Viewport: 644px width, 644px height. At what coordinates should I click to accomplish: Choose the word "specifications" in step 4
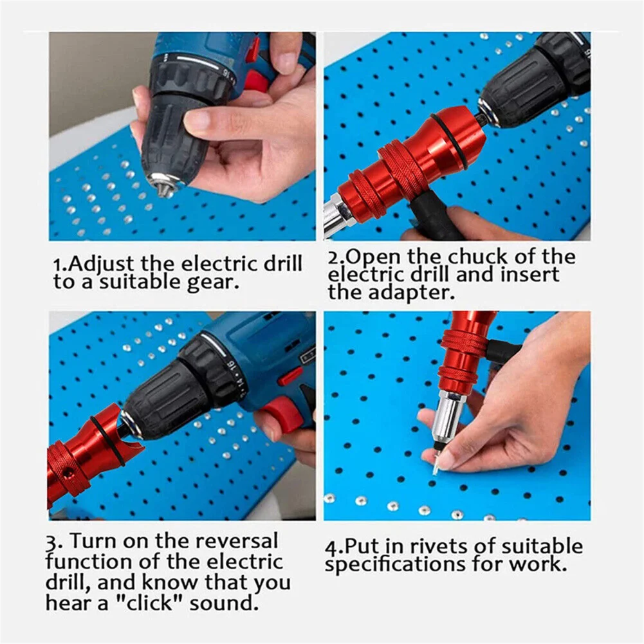[395, 565]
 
